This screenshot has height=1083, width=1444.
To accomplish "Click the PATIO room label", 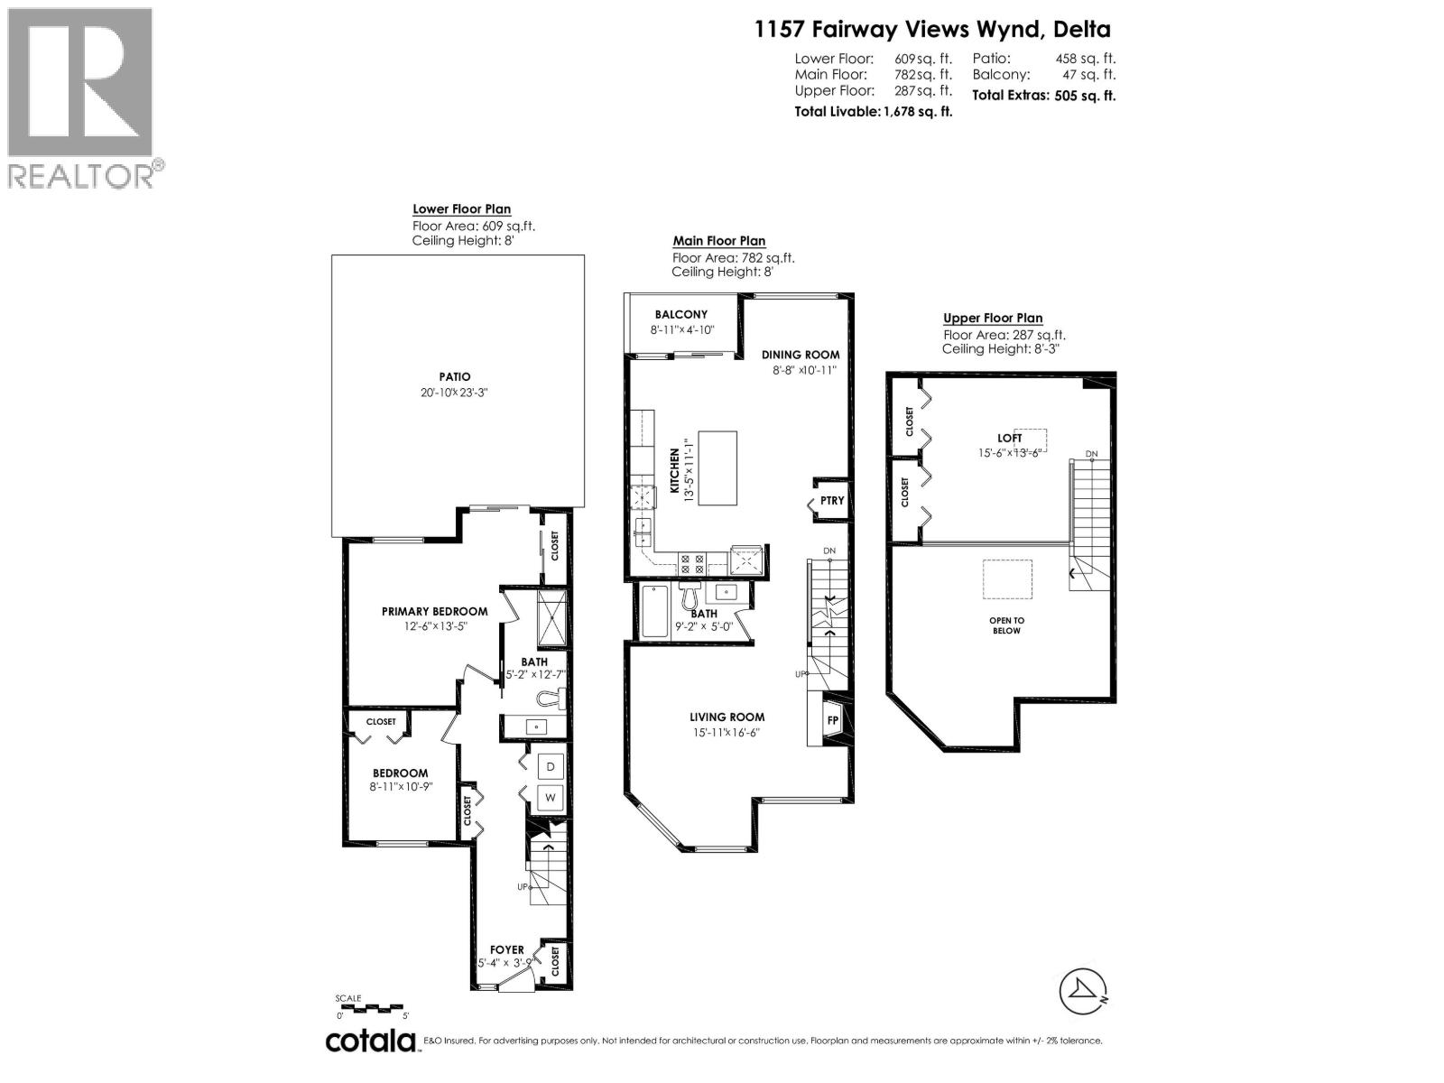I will click(456, 377).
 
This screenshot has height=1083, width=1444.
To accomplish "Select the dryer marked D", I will click(551, 767).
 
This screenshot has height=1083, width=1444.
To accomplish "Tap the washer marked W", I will click(551, 798).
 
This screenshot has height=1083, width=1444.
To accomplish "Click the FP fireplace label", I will click(832, 721).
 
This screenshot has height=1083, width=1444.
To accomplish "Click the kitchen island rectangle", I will click(717, 468).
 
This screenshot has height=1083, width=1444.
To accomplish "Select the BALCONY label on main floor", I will click(681, 315).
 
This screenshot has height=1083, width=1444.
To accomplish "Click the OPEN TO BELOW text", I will click(1006, 625).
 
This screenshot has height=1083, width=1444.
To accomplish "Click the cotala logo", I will click(371, 1041).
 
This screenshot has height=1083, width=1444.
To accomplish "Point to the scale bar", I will click(373, 1007).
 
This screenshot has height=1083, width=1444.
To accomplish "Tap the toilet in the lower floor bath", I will click(550, 699).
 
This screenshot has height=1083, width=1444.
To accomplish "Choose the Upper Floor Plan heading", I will click(993, 318).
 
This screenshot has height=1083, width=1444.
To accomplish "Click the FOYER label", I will click(507, 949).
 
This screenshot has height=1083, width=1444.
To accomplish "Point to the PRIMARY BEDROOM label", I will click(434, 611).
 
